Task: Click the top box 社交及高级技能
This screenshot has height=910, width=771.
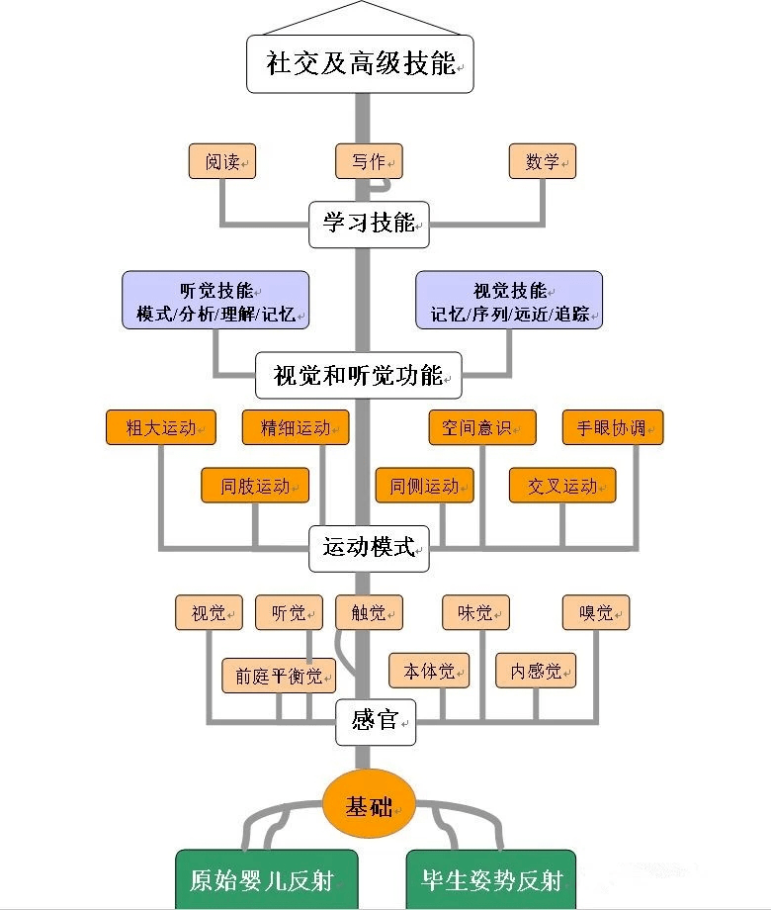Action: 360,64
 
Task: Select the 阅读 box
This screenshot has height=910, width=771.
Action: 222,161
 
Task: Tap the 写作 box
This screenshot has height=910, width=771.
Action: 369,161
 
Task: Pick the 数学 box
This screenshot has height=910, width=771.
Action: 543,161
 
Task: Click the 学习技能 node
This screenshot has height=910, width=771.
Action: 369,223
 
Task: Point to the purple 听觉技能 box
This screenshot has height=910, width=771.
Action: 215,300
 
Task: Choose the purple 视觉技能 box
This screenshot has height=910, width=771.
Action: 509,300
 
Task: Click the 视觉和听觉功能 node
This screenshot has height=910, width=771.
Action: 359,375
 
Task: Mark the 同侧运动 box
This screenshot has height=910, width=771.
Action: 424,486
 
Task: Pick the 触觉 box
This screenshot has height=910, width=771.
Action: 369,613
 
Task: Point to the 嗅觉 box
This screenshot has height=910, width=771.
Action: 596,613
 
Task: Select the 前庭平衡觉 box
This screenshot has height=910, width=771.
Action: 279,677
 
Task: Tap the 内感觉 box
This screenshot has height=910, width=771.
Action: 536,672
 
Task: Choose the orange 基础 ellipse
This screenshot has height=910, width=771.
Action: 368,806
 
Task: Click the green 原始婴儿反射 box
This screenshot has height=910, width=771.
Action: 266,878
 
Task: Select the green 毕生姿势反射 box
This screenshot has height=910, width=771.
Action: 490,878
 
